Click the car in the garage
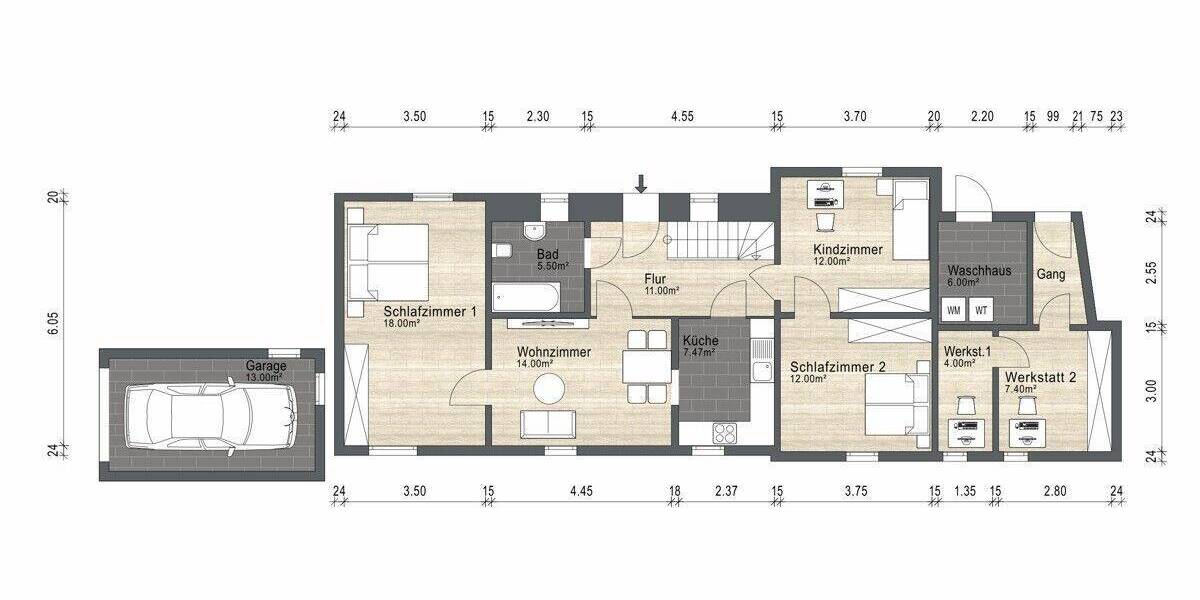point(209,415)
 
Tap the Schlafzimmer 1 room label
point(429,312)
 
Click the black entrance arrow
point(641,183)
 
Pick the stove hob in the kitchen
point(723,432)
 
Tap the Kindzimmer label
point(846,248)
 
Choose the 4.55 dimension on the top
point(682,116)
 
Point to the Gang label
point(1050,273)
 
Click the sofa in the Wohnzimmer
point(548,424)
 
